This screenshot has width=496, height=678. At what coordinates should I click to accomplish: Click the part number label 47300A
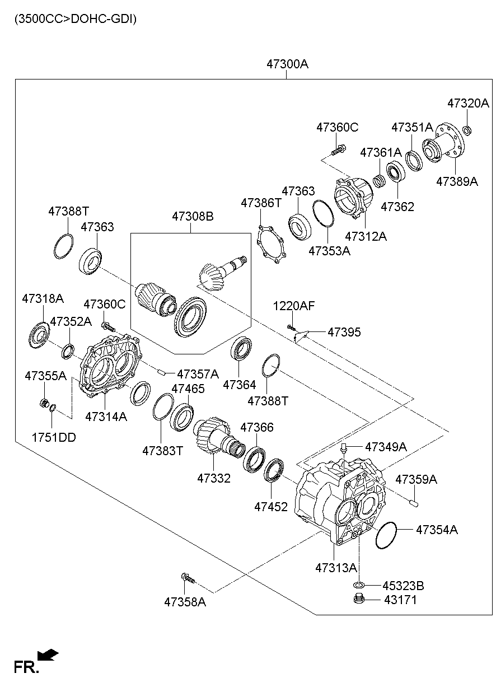click(x=287, y=64)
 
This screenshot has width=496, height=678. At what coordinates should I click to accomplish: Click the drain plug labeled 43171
click(x=359, y=600)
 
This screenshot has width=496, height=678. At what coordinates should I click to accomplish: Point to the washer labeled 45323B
click(x=359, y=585)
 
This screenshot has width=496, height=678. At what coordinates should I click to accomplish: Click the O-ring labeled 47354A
click(x=386, y=536)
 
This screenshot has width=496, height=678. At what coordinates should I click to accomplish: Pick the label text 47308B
click(x=193, y=217)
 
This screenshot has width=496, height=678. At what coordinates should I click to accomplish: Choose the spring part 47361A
click(x=380, y=180)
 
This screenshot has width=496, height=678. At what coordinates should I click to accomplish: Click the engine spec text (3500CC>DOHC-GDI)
click(x=76, y=18)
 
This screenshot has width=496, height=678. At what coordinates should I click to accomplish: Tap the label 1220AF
click(x=294, y=306)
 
